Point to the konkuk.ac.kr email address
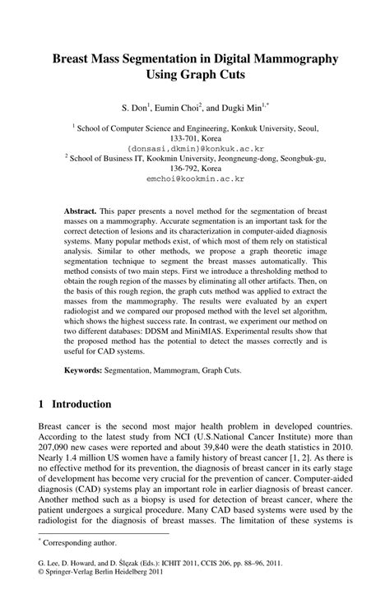(x=195, y=141)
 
